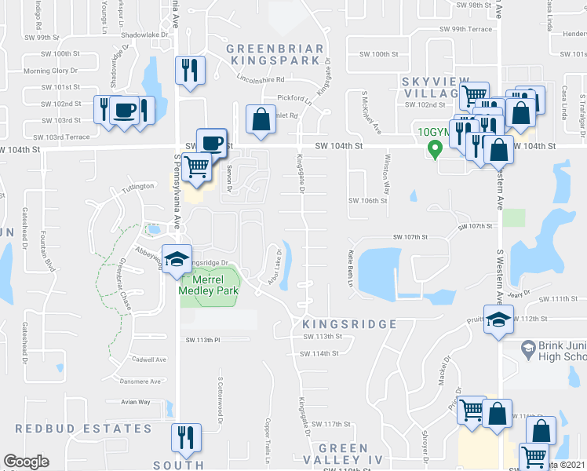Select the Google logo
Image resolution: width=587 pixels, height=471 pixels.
click(x=26, y=462)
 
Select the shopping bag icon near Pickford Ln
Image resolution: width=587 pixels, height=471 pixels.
click(x=261, y=119)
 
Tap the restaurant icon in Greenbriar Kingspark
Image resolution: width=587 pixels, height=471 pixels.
click(x=191, y=71)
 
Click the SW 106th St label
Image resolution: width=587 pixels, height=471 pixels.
click(x=369, y=200)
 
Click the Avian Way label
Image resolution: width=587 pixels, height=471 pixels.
click(x=134, y=402)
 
